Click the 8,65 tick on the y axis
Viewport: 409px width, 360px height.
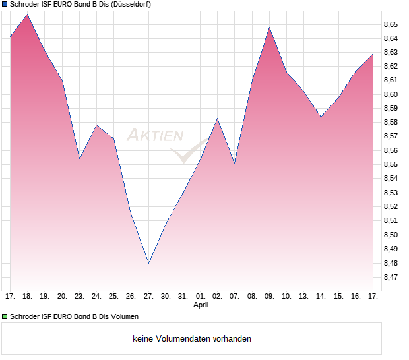[391, 24]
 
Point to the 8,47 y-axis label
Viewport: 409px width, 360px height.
[391, 278]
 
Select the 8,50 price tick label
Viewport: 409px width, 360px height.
[391, 235]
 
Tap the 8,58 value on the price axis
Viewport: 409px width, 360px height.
[391, 123]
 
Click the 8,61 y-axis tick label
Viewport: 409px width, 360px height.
[391, 80]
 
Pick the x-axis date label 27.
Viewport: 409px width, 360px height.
[148, 296]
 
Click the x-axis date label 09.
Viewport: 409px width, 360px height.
[269, 296]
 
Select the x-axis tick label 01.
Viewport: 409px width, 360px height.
[201, 296]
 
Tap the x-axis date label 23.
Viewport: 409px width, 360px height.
[79, 296]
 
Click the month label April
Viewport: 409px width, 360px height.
[201, 305]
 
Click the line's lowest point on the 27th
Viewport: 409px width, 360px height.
[149, 263]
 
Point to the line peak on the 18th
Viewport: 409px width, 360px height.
[28, 15]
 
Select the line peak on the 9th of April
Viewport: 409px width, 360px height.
[269, 28]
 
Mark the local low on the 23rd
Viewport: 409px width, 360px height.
[79, 158]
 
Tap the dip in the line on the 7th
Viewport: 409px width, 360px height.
[235, 163]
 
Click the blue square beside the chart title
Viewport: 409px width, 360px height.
[5, 5]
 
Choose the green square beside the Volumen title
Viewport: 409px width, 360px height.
[5, 316]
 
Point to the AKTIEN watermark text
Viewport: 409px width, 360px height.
[155, 136]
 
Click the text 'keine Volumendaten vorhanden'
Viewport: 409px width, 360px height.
[192, 339]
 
